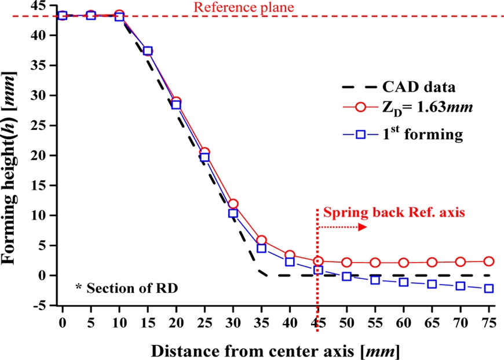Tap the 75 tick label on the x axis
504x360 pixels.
point(488,322)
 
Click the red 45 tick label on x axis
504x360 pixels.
point(317,322)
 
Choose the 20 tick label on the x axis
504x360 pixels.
point(176,322)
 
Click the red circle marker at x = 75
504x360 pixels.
point(488,261)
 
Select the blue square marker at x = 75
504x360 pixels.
point(488,288)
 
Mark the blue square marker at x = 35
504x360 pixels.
point(261,248)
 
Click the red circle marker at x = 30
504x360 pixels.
point(233,204)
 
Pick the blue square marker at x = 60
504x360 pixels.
point(403,282)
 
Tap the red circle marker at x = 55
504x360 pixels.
point(375,263)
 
